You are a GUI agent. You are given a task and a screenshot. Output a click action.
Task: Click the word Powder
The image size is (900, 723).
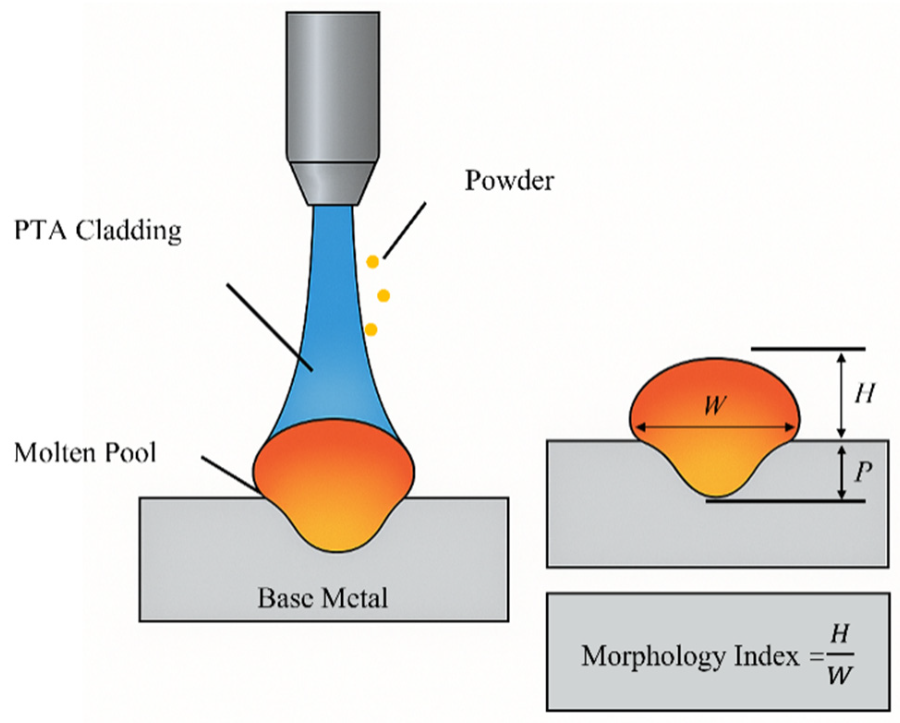pyautogui.click(x=509, y=181)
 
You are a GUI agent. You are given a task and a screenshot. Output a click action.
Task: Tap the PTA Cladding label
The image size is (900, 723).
pyautogui.click(x=98, y=230)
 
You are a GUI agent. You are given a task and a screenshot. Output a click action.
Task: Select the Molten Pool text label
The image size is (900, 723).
pyautogui.click(x=85, y=453)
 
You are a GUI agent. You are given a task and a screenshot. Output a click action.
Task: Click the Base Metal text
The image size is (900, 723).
pyautogui.click(x=322, y=598)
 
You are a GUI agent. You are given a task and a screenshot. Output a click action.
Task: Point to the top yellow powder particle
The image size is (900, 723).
pyautogui.click(x=372, y=262)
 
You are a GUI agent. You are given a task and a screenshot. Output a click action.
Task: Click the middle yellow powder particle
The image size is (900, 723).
pyautogui.click(x=384, y=295)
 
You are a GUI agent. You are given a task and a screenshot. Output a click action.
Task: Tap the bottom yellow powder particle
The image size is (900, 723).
pyautogui.click(x=371, y=330)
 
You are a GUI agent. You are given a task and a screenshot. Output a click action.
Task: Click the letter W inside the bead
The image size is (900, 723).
pyautogui.click(x=714, y=406)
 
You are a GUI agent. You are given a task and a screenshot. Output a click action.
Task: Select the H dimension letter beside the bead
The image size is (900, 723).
pyautogui.click(x=864, y=394)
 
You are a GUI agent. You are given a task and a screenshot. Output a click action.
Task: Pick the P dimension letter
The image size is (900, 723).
pyautogui.click(x=863, y=472)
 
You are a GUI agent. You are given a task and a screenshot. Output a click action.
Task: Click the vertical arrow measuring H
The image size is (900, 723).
pyautogui.click(x=841, y=395)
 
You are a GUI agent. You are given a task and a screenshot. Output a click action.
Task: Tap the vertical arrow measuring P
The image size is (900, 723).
pyautogui.click(x=841, y=472)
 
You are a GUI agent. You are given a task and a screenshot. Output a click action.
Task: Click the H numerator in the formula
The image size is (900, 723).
pyautogui.click(x=839, y=634)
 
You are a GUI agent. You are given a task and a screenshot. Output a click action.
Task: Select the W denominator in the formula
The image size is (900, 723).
pyautogui.click(x=839, y=676)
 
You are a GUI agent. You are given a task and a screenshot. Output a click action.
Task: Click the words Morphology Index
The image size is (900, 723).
pyautogui.click(x=689, y=656)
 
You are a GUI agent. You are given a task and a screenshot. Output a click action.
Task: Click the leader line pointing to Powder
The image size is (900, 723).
pyautogui.click(x=405, y=230)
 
